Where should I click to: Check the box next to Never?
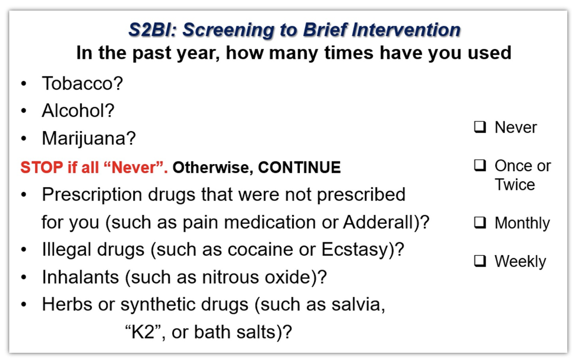pyautogui.click(x=480, y=127)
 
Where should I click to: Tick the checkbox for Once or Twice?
pyautogui.click(x=480, y=165)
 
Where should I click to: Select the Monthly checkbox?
pyautogui.click(x=480, y=223)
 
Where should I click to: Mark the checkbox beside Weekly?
pyautogui.click(x=480, y=261)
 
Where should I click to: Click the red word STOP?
pyautogui.click(x=42, y=168)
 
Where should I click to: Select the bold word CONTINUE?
pyautogui.click(x=299, y=168)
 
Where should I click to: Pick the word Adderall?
pyautogui.click(x=379, y=222)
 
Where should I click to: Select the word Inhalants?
pyautogui.click(x=80, y=277)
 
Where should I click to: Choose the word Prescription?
pyautogui.click(x=92, y=195)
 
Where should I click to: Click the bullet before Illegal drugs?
pyautogui.click(x=24, y=250)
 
